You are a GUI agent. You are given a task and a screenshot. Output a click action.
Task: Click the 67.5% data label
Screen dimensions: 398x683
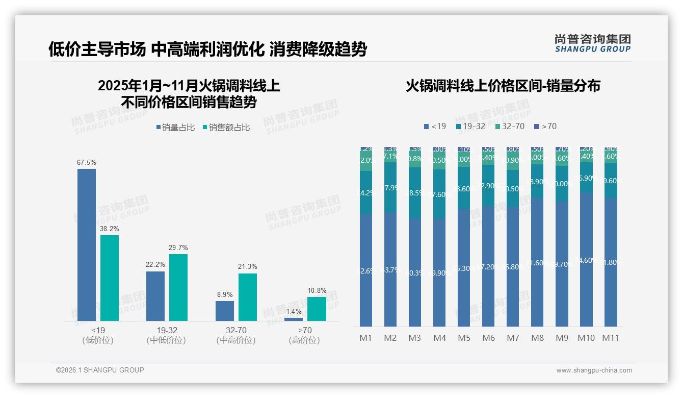click(x=86, y=162)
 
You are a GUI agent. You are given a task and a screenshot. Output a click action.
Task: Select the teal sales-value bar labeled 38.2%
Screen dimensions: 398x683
click(x=110, y=278)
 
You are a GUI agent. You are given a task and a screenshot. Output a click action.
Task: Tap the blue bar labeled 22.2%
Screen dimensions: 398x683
click(x=155, y=296)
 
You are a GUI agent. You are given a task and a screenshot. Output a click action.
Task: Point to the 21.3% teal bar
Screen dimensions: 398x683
click(x=248, y=297)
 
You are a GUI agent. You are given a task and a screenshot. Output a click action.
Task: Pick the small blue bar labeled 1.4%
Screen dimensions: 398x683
click(x=294, y=319)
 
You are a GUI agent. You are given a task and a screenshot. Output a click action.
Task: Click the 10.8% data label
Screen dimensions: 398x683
click(x=317, y=290)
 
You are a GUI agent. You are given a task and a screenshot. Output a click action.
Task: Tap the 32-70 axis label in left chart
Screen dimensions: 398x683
click(x=236, y=331)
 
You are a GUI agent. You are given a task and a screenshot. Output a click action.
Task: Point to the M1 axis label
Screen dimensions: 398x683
click(x=366, y=338)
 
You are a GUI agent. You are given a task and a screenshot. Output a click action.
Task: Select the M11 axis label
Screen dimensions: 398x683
click(x=611, y=338)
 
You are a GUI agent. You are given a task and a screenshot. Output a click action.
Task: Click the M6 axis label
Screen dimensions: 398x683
click(x=488, y=338)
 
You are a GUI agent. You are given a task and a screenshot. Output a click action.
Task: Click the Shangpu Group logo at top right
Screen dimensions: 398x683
click(x=592, y=43)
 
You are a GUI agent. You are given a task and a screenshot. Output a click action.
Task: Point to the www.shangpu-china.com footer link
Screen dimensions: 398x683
click(x=594, y=370)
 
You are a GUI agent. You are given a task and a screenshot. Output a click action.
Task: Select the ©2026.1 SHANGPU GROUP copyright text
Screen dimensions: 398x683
click(x=100, y=370)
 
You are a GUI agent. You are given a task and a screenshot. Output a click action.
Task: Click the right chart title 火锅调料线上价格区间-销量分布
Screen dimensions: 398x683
click(x=503, y=86)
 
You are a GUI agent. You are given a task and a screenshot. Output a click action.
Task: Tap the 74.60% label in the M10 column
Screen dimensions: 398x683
click(x=586, y=260)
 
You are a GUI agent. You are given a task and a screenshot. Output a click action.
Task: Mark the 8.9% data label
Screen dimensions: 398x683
click(x=225, y=294)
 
